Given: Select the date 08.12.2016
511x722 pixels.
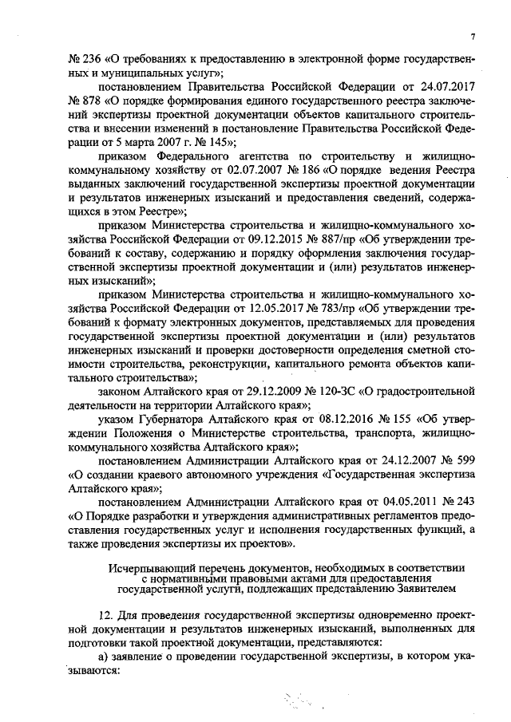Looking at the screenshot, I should click(x=331, y=420).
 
